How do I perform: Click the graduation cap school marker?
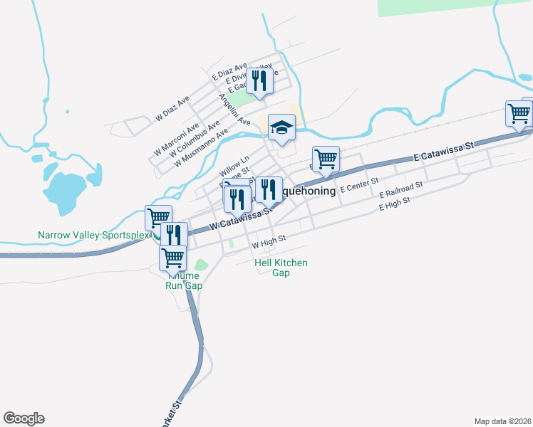(x=282, y=128)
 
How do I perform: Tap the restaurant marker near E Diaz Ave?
(x=260, y=82)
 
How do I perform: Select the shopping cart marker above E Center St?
(x=326, y=160)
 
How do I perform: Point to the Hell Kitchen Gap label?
(x=281, y=268)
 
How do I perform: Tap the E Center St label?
(x=359, y=187)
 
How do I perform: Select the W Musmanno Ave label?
(x=202, y=147)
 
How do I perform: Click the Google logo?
(x=24, y=418)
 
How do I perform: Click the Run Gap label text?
(x=184, y=285)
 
